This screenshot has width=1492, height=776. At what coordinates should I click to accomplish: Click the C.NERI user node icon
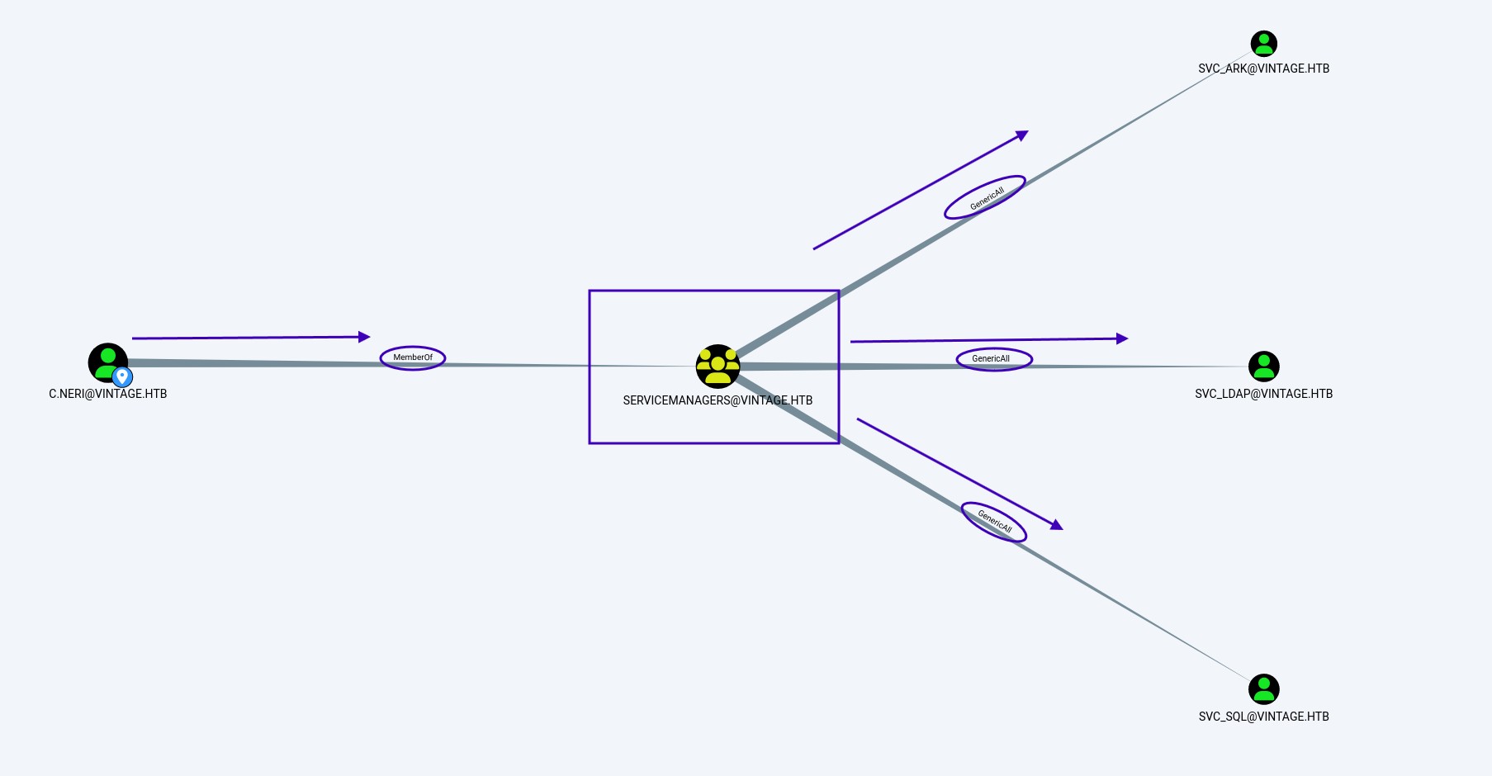coord(108,362)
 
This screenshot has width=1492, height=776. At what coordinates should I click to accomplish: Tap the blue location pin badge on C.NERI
coord(122,377)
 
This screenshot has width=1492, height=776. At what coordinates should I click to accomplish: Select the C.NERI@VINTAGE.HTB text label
coord(108,394)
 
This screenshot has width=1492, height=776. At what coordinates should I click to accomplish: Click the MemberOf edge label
coord(413,357)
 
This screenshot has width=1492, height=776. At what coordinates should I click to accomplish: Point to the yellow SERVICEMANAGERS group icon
coord(718,366)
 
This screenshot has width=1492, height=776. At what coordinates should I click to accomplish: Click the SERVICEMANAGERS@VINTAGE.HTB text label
coord(718,400)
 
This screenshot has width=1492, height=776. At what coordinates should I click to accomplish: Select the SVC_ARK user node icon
coord(1264,44)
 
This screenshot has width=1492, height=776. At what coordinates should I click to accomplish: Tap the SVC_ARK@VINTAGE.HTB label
coord(1264,69)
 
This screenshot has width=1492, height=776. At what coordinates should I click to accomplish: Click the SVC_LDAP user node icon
coord(1264,367)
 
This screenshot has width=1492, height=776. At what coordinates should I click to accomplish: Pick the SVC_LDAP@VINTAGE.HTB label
coord(1264,394)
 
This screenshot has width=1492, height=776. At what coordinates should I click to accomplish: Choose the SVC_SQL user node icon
coord(1264,689)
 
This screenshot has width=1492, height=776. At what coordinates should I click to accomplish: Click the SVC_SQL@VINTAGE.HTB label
coord(1264,717)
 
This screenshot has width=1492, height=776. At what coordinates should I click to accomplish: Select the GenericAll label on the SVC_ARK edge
coord(987,198)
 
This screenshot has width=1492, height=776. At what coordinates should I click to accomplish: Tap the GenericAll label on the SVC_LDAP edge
coord(991,359)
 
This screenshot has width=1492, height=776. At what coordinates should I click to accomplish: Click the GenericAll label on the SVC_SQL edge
coord(995,521)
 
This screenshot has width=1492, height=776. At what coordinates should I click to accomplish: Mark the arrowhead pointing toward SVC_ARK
coord(1022,135)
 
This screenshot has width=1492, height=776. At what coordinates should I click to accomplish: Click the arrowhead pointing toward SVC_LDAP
coord(1122,338)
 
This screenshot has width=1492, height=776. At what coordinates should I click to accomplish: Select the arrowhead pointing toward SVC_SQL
coord(1057,524)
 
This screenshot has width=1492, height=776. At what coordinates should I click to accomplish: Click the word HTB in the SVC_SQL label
coord(1319,717)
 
